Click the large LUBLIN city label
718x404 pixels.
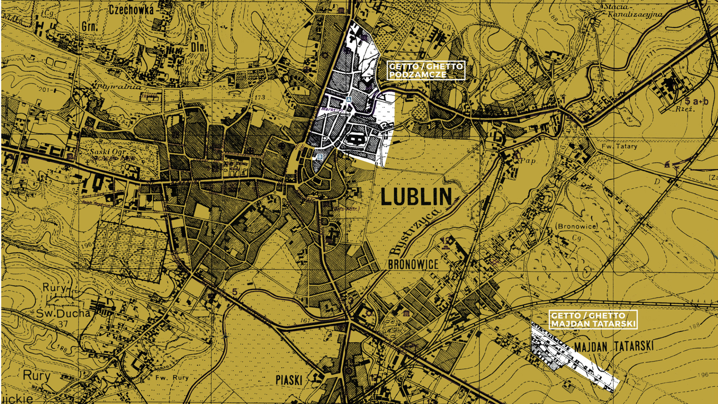tap(416, 197)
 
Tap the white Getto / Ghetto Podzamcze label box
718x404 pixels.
tap(426, 70)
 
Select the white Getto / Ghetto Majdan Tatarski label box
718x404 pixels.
tap(593, 320)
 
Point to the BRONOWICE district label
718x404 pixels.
tap(413, 264)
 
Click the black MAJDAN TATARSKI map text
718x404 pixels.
tap(614, 346)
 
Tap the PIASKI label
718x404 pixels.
tap(289, 380)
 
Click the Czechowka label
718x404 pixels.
tap(131, 10)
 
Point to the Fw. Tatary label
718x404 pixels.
tap(619, 146)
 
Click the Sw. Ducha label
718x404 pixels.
tap(63, 313)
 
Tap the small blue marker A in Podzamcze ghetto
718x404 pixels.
tap(349, 100)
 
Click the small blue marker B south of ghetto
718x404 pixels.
tap(320, 157)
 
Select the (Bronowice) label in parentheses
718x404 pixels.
tap(576, 226)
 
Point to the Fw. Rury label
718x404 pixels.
tap(172, 377)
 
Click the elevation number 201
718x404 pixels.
tap(44, 90)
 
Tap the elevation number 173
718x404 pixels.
tap(260, 97)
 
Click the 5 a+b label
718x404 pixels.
tap(696, 101)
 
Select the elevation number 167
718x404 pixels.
tap(305, 321)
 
